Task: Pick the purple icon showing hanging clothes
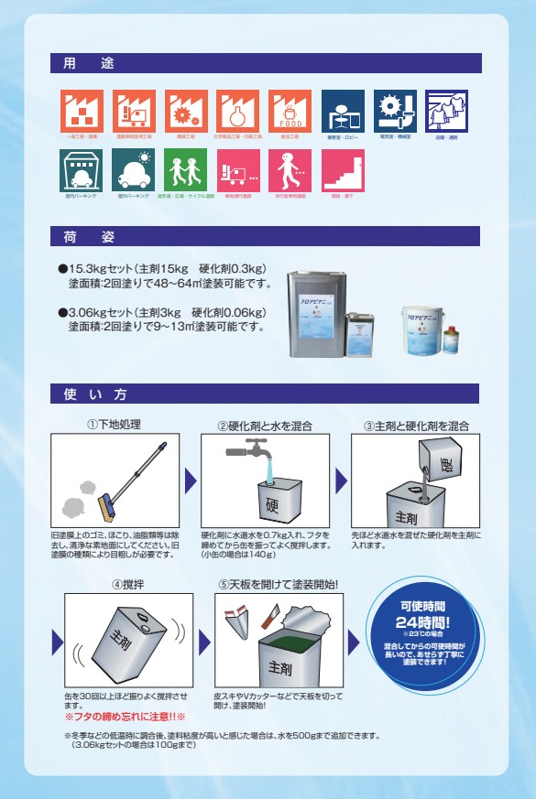[x=447, y=111]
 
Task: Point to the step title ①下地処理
[x=114, y=426]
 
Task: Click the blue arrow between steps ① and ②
[x=191, y=480]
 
